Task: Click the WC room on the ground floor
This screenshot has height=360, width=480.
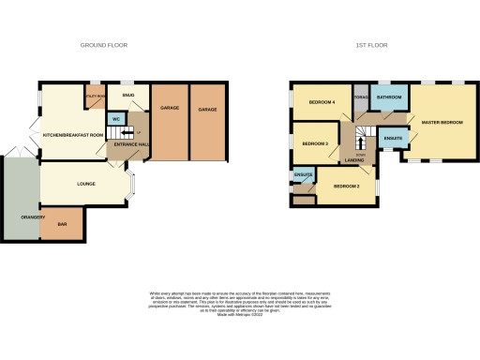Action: tap(115, 119)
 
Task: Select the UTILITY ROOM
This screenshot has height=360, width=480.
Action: tap(95, 97)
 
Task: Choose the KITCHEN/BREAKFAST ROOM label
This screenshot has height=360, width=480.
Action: tap(73, 135)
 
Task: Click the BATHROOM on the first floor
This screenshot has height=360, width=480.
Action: tap(388, 97)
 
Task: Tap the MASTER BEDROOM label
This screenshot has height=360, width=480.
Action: tap(442, 122)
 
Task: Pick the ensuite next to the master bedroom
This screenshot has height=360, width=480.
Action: tap(394, 139)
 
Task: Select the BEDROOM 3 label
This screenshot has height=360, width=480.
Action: tap(314, 143)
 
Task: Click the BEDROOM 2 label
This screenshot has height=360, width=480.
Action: tap(346, 187)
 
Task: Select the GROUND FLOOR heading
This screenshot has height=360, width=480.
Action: tap(104, 45)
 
